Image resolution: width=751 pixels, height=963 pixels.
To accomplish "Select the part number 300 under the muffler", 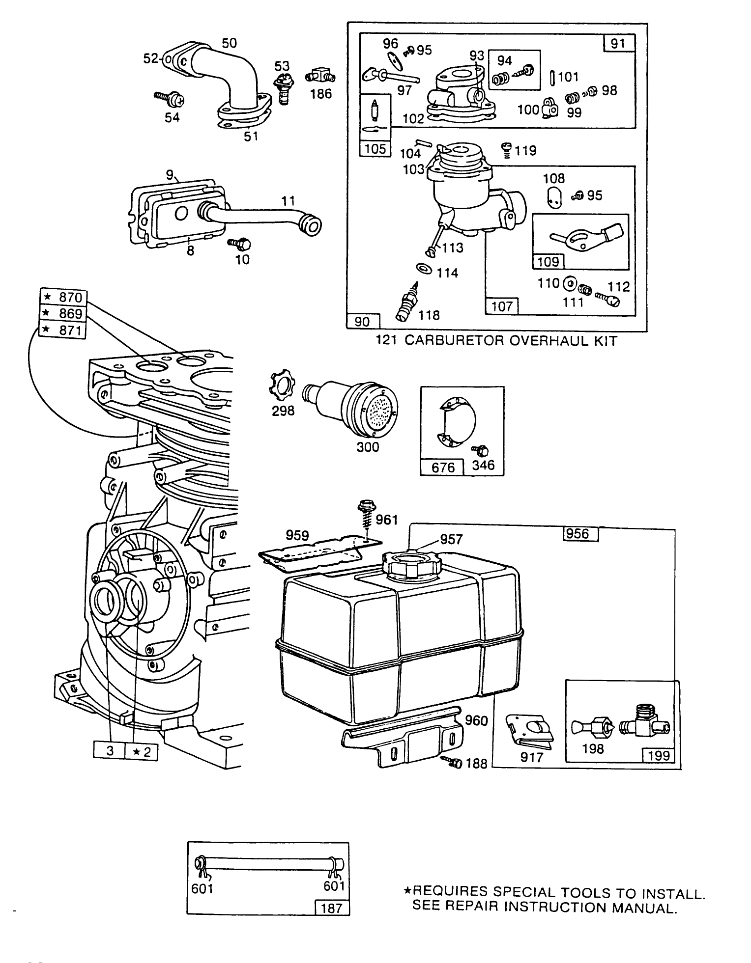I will [368, 447].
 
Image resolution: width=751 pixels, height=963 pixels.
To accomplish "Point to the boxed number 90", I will [363, 322].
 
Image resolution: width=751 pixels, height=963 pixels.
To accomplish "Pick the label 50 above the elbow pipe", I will [229, 43].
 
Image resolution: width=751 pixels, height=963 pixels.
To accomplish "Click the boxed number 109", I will [548, 262].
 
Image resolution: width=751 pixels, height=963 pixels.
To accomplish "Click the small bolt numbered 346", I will [477, 450].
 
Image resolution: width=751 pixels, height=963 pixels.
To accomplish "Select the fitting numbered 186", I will [320, 76].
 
